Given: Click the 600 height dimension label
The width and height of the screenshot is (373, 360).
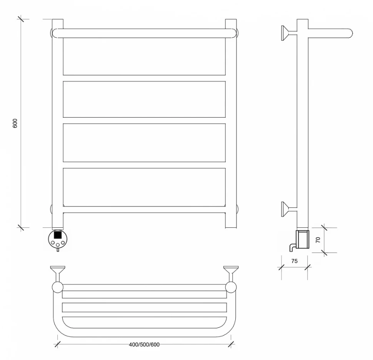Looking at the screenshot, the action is (x=15, y=123).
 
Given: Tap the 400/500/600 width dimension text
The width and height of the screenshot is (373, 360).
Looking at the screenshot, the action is (x=144, y=345).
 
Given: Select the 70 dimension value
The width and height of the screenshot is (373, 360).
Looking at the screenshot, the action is (x=318, y=240).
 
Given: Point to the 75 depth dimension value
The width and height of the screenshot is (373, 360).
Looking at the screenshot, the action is (x=295, y=261).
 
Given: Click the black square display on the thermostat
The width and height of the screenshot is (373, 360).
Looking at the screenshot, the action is (x=58, y=235).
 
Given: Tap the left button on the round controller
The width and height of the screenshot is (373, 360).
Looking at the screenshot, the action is (x=53, y=243).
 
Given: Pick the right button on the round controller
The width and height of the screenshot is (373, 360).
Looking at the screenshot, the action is (x=63, y=243).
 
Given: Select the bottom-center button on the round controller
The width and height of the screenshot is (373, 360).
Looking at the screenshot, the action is (x=58, y=245).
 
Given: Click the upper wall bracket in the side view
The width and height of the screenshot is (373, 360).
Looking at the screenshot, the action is (x=289, y=33).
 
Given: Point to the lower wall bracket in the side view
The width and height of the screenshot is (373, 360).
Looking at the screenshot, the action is (x=289, y=209).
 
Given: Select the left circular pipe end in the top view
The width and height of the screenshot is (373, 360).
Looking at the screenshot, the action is (x=58, y=287).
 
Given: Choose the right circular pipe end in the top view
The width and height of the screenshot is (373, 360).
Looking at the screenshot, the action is (x=231, y=287).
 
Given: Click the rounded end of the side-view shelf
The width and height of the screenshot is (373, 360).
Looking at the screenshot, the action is (x=350, y=33).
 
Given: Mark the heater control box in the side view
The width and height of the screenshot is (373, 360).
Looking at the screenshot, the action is (x=302, y=239).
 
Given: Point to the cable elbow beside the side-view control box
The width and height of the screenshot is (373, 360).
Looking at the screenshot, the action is (x=293, y=247).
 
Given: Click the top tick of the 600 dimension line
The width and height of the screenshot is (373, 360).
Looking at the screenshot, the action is (x=21, y=19).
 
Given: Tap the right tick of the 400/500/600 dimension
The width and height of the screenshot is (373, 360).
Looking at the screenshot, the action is (x=231, y=344).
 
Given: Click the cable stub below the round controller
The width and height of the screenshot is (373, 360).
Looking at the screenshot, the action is (x=58, y=250).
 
